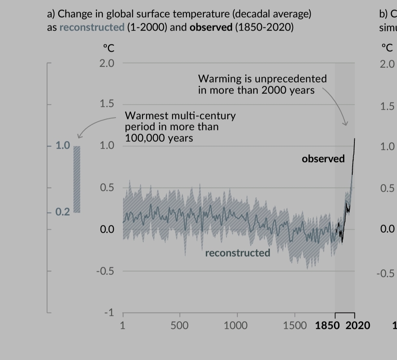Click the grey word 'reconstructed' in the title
(92, 28)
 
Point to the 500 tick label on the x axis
(179, 326)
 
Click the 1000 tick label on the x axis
(235, 326)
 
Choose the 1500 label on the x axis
(295, 326)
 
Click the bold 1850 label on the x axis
(329, 326)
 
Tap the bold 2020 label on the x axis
(358, 326)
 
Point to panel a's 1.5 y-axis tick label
(107, 104)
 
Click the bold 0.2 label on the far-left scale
(63, 212)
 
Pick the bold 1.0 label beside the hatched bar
(63, 145)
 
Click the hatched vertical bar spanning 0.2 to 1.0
(77, 179)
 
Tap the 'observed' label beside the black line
(323, 159)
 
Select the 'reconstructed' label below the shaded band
(237, 253)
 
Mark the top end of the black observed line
(354, 139)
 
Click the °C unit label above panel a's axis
(108, 48)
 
